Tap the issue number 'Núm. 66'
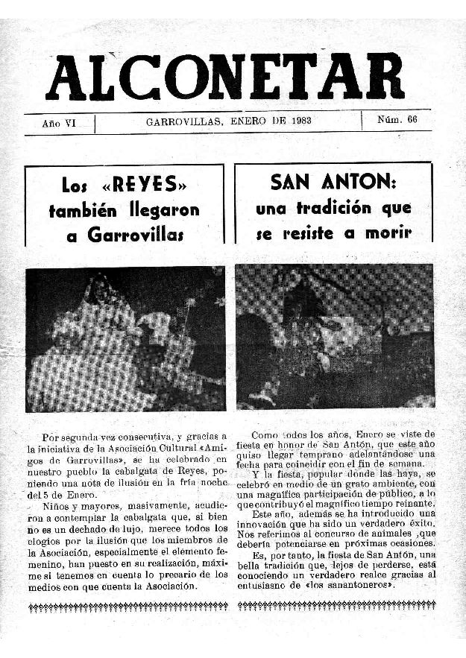(x=397, y=120)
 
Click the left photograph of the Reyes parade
(x=125, y=339)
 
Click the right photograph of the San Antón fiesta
(x=335, y=336)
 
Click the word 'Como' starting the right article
(x=265, y=434)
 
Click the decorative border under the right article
(x=335, y=604)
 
